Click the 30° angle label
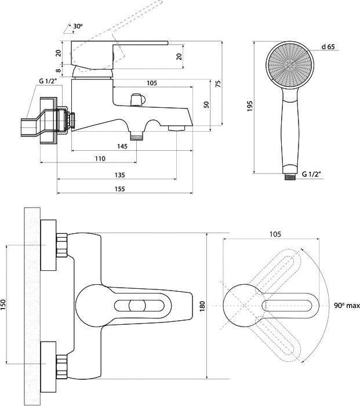78,26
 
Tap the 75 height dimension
219,84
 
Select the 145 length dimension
122,146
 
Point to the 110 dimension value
100,158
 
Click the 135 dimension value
119,175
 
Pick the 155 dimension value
119,189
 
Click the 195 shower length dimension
250,106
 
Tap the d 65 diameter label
328,47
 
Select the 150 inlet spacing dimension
3,304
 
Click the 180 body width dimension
202,306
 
